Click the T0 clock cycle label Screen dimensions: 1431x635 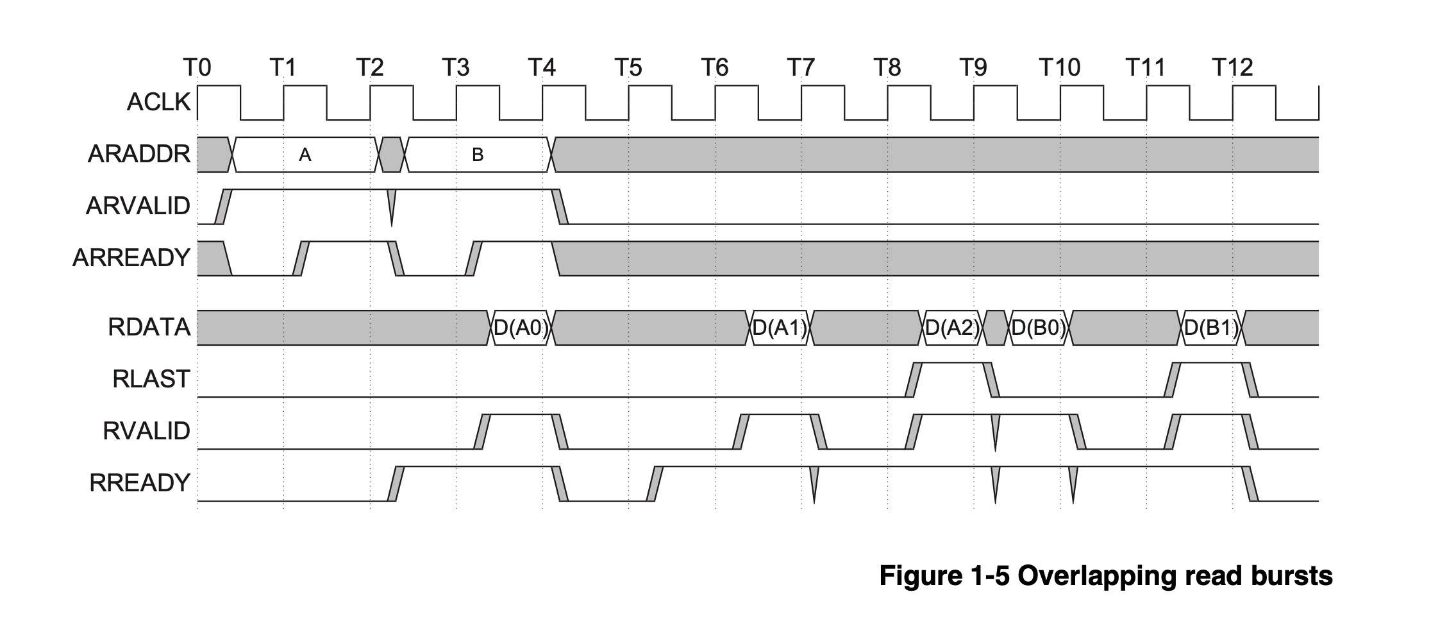197,67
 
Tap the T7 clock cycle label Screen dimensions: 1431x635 801,67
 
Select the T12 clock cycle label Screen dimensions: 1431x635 1232,67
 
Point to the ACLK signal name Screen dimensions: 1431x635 159,102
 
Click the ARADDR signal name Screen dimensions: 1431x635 139,154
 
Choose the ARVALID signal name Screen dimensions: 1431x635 138,206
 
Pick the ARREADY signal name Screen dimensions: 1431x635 131,257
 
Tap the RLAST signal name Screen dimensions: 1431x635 151,379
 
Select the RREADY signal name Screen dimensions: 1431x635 140,482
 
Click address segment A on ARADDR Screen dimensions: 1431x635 305,155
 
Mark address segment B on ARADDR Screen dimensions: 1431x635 478,155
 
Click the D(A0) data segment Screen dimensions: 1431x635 521,328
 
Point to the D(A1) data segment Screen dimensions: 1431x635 780,328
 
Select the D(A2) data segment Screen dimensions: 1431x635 953,328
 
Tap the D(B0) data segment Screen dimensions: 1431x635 1039,328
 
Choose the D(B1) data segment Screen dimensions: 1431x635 1211,328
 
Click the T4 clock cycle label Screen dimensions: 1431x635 542,67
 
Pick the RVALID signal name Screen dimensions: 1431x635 146,431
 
